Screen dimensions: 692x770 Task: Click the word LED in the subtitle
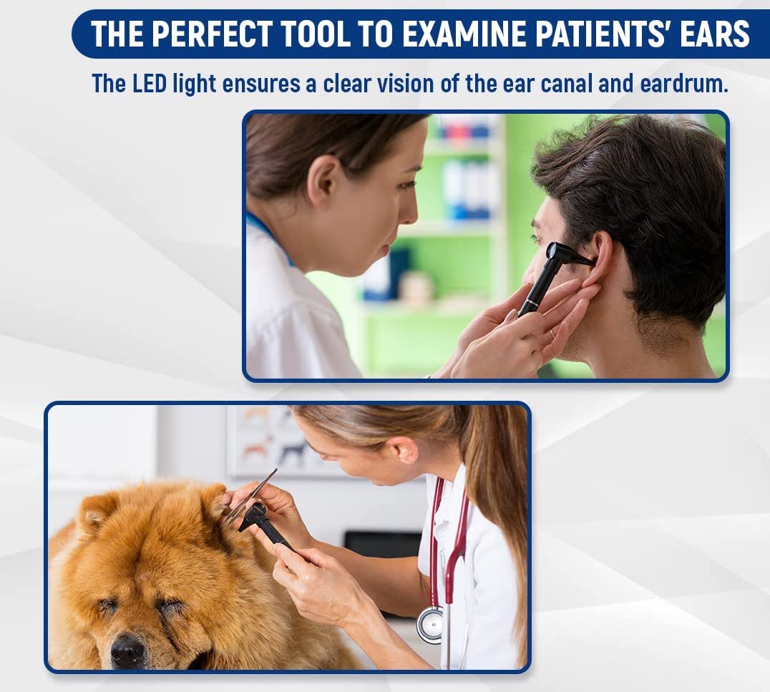(x=149, y=84)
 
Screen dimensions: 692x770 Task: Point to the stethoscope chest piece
(x=429, y=624)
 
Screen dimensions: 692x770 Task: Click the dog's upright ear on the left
(x=96, y=511)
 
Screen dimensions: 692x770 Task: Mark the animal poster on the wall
(x=265, y=440)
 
